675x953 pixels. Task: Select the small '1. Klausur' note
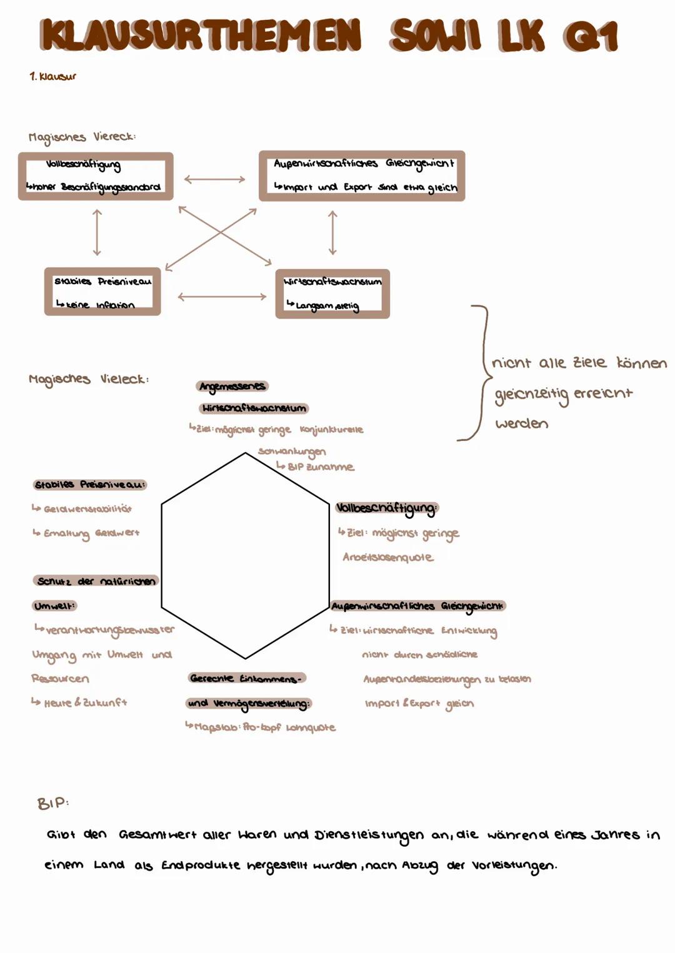(x=53, y=76)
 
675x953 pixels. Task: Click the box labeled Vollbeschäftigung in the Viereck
(x=96, y=176)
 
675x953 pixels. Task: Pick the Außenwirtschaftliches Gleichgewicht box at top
(x=362, y=175)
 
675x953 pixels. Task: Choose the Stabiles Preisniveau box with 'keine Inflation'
(x=102, y=292)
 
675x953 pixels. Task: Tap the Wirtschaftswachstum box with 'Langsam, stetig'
(x=332, y=294)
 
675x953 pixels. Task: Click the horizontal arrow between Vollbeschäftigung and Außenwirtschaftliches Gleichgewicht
(x=215, y=179)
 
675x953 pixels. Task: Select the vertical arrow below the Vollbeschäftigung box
(x=96, y=232)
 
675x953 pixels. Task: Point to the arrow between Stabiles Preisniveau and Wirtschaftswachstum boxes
(x=222, y=297)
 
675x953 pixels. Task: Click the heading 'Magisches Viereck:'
(x=82, y=137)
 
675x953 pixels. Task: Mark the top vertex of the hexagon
(x=245, y=453)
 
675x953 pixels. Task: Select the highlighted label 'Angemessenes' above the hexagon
(x=232, y=387)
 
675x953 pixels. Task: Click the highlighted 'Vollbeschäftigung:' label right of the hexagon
(x=387, y=508)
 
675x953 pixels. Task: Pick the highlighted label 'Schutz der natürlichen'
(x=96, y=581)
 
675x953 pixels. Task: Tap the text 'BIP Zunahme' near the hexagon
(x=321, y=467)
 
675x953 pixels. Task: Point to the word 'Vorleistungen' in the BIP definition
(x=513, y=866)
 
